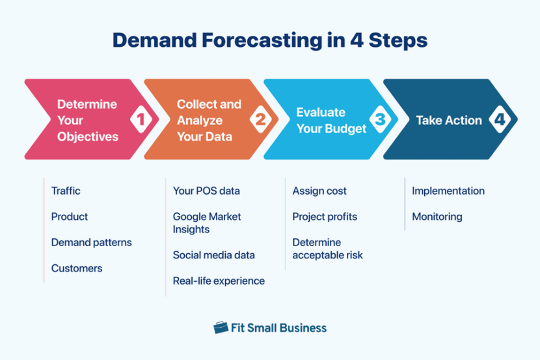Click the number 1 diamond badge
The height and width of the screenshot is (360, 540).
click(x=141, y=120)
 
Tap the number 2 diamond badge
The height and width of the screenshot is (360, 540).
click(x=260, y=120)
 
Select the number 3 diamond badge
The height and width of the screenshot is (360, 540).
click(x=380, y=120)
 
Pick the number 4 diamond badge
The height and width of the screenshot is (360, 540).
click(x=499, y=120)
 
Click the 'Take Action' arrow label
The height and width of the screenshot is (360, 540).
click(x=449, y=120)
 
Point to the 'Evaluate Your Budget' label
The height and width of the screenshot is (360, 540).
click(x=331, y=120)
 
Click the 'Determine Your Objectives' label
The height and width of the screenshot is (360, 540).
click(x=87, y=120)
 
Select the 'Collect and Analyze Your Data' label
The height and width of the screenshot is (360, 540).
click(x=208, y=120)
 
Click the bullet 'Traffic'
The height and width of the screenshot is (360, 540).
click(x=66, y=191)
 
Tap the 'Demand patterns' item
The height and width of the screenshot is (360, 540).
click(x=91, y=242)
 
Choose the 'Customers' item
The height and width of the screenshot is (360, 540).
click(x=77, y=268)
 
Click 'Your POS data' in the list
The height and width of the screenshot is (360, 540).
click(x=206, y=191)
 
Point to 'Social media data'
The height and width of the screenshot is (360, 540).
click(x=213, y=255)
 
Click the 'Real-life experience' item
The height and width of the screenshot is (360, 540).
click(x=219, y=281)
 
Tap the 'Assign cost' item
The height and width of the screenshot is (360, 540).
click(x=319, y=191)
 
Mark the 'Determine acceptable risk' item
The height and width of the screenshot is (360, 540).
click(x=327, y=249)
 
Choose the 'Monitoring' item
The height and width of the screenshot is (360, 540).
click(x=437, y=217)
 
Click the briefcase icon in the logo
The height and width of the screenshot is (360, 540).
click(x=221, y=327)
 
